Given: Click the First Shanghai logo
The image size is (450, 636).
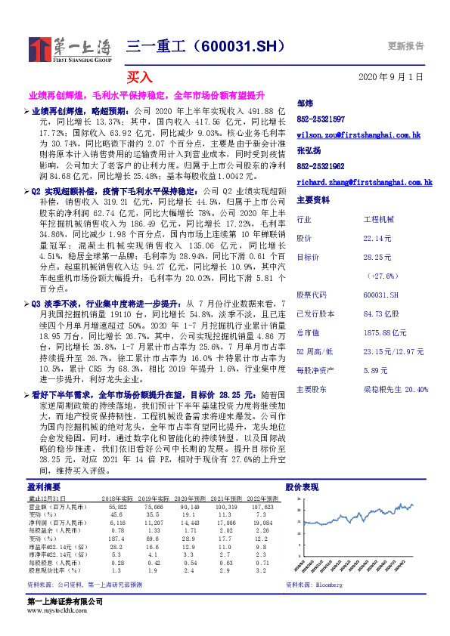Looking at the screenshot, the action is click(x=69, y=49).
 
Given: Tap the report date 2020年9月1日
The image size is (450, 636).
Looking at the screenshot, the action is click(x=391, y=77).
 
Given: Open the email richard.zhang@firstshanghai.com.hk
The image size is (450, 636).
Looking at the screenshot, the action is click(x=364, y=182).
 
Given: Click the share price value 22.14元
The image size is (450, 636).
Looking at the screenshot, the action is click(x=376, y=238).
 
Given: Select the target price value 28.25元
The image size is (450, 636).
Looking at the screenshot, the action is click(x=376, y=257).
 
